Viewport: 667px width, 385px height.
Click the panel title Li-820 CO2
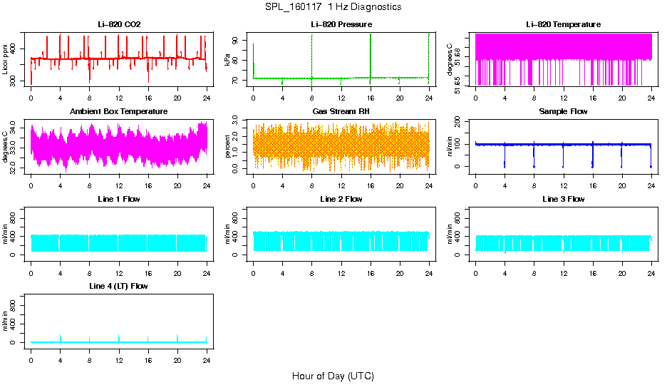coord(119,24)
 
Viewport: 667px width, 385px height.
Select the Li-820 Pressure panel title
coord(341,24)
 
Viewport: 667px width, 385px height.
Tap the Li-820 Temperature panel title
coord(563,24)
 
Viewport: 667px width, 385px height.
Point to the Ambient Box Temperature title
coord(119,112)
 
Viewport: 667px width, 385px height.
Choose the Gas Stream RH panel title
coord(341,112)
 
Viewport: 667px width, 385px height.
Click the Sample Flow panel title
coord(563,112)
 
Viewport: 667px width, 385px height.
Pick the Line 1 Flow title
coord(119,199)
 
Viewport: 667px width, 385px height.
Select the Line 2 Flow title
coord(341,199)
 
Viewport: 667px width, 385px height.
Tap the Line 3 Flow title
coord(563,199)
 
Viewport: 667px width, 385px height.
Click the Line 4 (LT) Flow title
coord(119,286)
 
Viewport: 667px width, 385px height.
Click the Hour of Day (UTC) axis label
coord(333,376)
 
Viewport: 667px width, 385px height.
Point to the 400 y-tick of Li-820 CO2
coord(14,48)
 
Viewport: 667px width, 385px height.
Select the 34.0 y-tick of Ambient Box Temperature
coord(14,130)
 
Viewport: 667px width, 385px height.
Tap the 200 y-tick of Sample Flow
coord(459,121)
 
